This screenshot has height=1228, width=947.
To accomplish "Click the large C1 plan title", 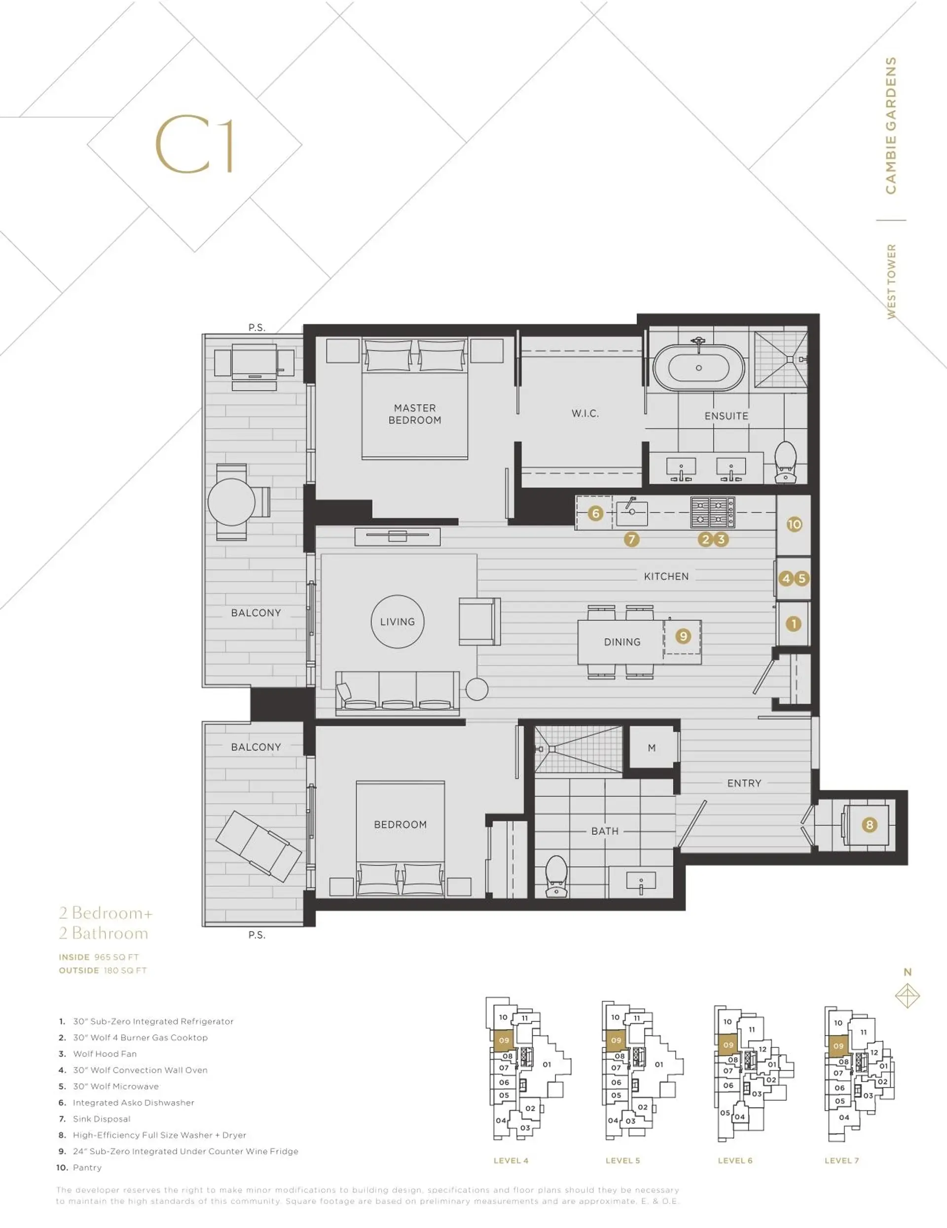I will pyautogui.click(x=194, y=145).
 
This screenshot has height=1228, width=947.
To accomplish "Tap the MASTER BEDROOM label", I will pyautogui.click(x=415, y=414).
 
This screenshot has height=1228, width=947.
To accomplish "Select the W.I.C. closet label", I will pyautogui.click(x=585, y=413).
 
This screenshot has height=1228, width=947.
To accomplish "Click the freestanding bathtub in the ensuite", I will pyautogui.click(x=698, y=368).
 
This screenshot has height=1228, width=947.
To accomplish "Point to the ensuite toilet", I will pyautogui.click(x=786, y=462).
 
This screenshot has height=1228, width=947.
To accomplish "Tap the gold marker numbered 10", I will pyautogui.click(x=794, y=524).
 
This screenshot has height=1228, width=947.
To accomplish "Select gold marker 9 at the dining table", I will pyautogui.click(x=683, y=636).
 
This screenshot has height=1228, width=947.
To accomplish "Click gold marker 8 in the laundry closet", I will pyautogui.click(x=870, y=825).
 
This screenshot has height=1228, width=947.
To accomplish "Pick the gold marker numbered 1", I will pyautogui.click(x=794, y=624).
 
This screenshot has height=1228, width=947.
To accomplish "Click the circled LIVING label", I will pyautogui.click(x=398, y=622).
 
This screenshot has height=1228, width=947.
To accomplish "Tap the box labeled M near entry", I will pyautogui.click(x=652, y=748).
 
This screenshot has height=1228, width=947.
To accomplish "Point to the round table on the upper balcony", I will pyautogui.click(x=231, y=502).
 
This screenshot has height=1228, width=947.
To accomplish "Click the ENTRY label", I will pyautogui.click(x=744, y=783).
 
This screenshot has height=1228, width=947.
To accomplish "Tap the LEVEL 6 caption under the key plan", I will pyautogui.click(x=734, y=1160).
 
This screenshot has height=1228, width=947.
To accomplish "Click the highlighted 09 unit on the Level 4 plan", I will pyautogui.click(x=504, y=1040).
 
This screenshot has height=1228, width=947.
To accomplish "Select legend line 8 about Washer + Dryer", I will pyautogui.click(x=159, y=1135).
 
